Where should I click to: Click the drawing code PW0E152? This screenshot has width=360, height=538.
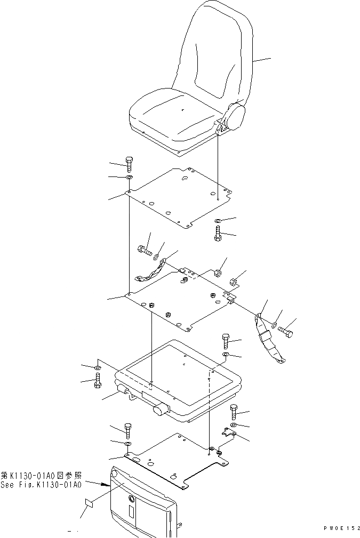[339, 528]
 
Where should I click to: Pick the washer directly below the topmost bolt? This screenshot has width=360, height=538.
[129, 178]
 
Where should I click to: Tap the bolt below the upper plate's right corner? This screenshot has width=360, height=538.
[219, 235]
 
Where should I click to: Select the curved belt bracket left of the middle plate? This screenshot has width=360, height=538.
[150, 274]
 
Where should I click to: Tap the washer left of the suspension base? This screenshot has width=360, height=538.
[97, 368]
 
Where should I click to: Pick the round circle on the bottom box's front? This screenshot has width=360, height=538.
[131, 499]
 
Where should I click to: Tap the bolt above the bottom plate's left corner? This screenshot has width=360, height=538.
[128, 429]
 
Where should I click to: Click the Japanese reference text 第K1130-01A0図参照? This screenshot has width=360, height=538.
[42, 476]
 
